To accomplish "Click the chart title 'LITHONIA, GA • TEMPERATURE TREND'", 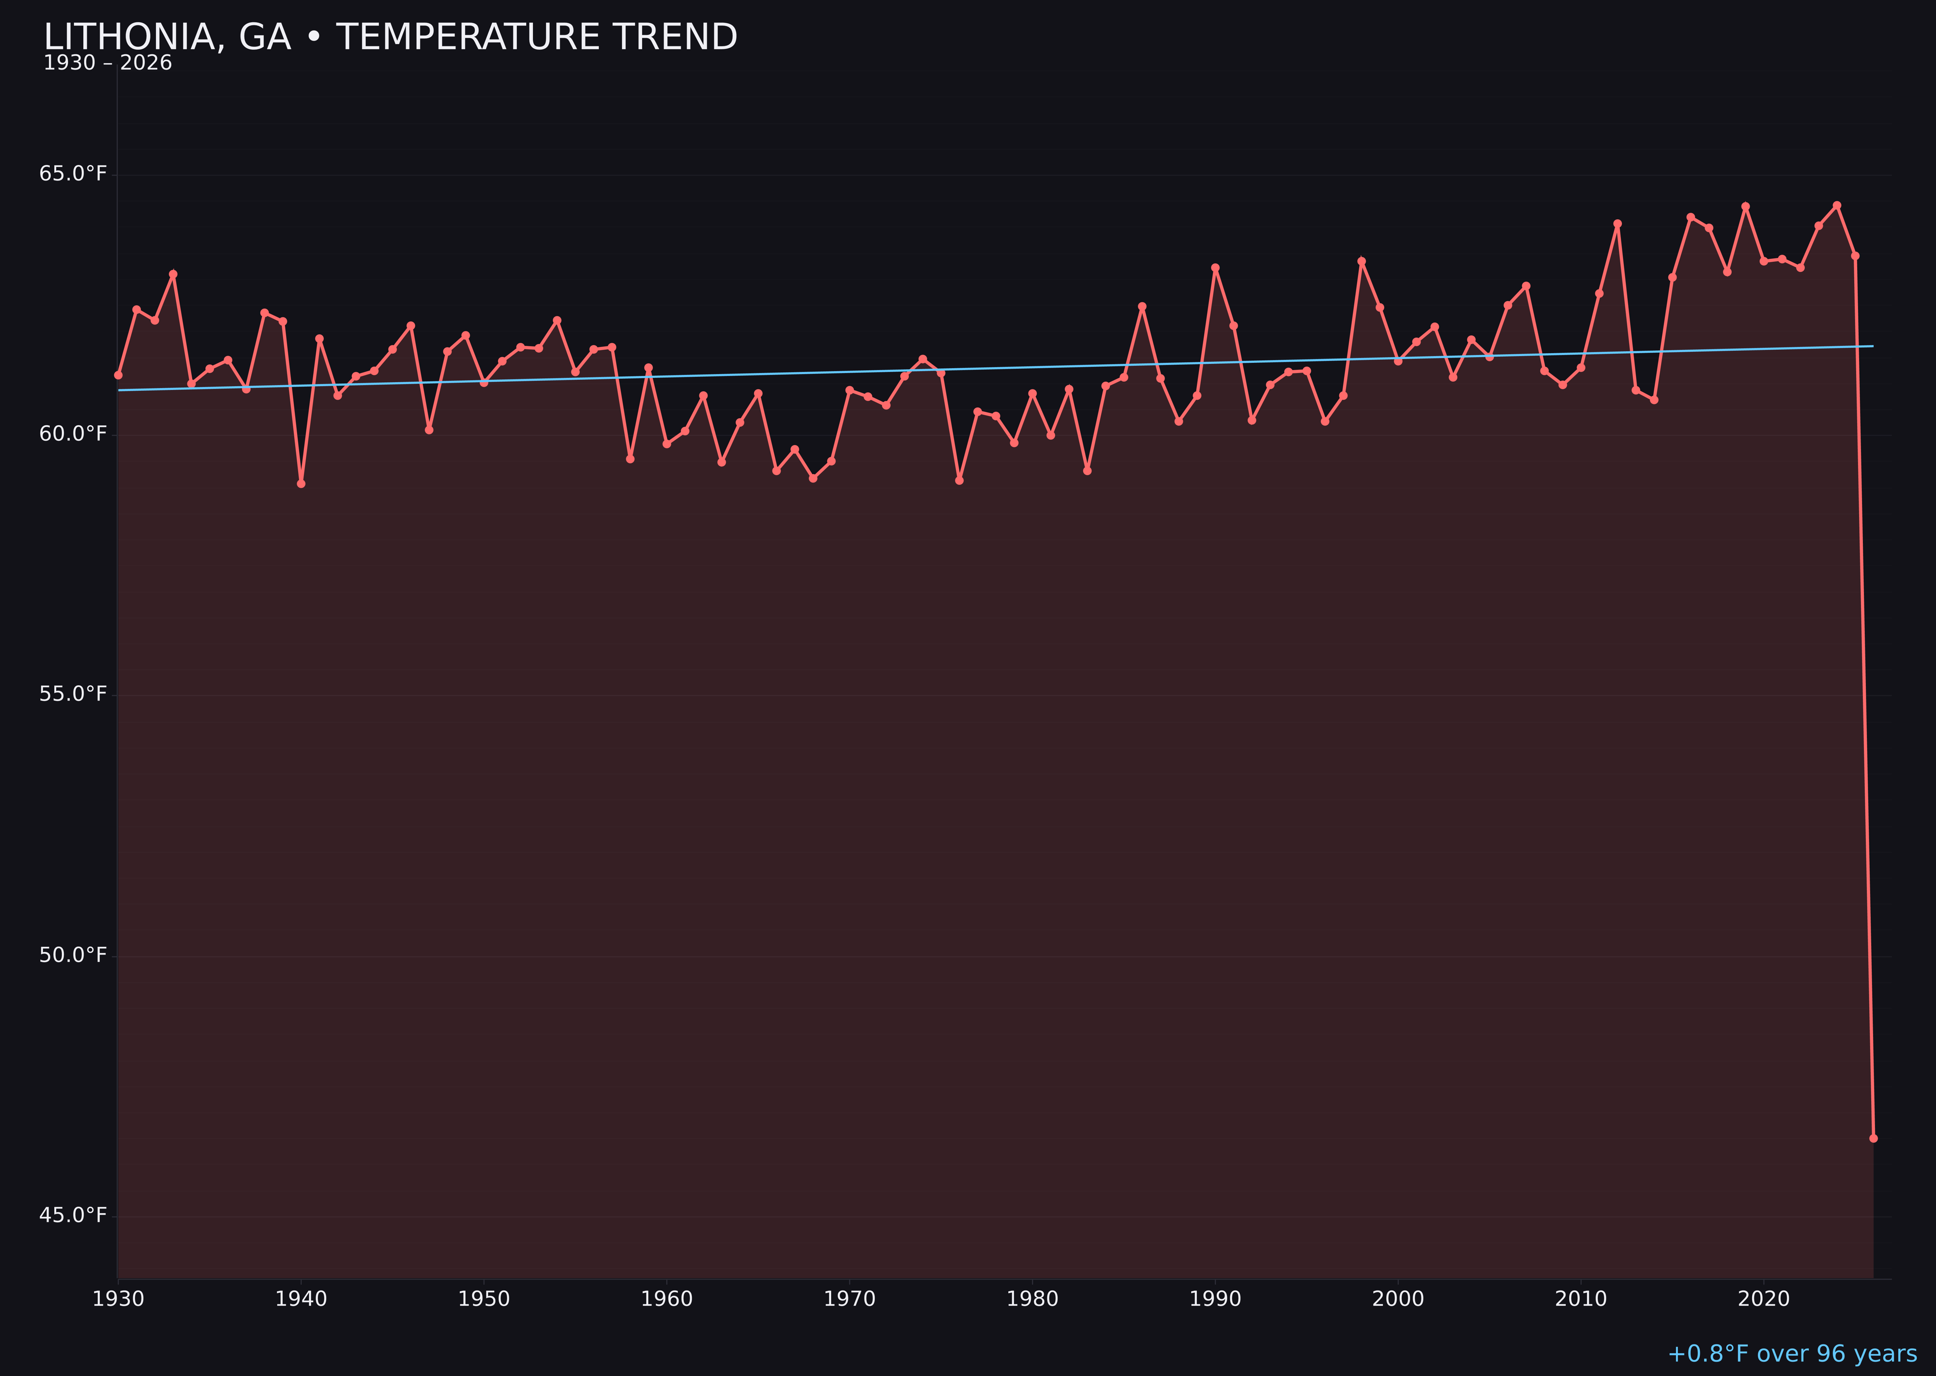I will click(390, 37).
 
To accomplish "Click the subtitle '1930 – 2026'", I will click(107, 63).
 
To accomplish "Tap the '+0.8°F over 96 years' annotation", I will click(1792, 1353).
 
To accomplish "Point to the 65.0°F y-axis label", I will click(73, 174).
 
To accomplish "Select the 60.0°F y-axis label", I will click(73, 434).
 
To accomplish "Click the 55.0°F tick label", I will click(73, 694).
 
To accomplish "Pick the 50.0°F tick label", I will click(73, 955).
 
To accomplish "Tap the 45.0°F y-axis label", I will click(73, 1215).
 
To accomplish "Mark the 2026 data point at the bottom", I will click(1873, 1138).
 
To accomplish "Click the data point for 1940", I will click(301, 483).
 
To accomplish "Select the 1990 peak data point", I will click(1215, 268).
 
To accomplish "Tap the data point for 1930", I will click(118, 374).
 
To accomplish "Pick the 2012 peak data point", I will click(1618, 224).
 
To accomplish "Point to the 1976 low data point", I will click(959, 480).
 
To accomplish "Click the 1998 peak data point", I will click(1361, 261).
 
